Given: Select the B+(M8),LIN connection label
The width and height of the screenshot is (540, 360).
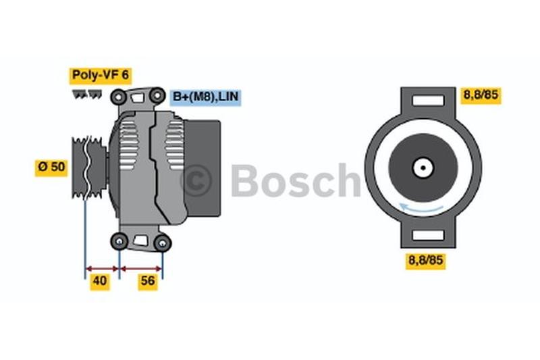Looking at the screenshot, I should (205, 97).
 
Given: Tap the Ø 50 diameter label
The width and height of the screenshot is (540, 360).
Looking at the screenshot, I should (51, 167).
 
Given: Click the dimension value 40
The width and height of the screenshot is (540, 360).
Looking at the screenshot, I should (100, 282).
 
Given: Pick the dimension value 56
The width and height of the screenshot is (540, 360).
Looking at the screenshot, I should (147, 282).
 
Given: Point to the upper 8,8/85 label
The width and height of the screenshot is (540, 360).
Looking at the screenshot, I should (481, 95).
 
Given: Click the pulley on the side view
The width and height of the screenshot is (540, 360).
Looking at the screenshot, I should (88, 165).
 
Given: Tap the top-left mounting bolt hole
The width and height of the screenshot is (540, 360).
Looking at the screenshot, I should (119, 97).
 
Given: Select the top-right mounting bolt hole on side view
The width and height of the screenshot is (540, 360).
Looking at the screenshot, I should (157, 96).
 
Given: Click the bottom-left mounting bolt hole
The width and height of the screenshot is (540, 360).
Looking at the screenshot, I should (119, 240).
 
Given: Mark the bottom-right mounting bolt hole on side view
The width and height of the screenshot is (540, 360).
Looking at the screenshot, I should (162, 242).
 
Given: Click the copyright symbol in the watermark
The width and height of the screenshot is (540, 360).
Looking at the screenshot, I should (196, 180).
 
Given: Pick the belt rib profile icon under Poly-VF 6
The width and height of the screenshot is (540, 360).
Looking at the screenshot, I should (86, 95).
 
